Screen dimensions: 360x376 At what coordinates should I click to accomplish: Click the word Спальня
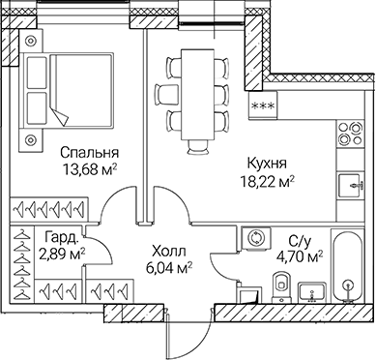pyautogui.click(x=88, y=152)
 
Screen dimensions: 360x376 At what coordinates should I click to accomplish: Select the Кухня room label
pyautogui.click(x=267, y=163)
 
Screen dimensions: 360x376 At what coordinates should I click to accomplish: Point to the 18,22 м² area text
pyautogui.click(x=267, y=180)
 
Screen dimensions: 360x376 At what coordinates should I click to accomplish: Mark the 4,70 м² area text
pyautogui.click(x=303, y=256)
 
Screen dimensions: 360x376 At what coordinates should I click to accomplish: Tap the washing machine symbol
pyautogui.click(x=258, y=236)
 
